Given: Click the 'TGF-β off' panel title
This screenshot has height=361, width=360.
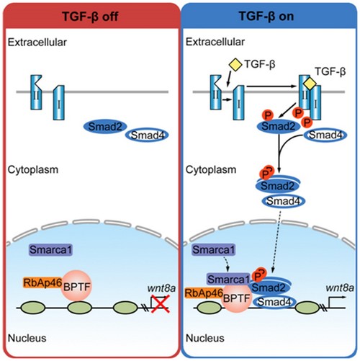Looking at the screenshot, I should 89,13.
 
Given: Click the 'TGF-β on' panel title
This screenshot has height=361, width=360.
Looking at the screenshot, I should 271,13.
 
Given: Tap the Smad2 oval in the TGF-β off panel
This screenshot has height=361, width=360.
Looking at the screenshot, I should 107,127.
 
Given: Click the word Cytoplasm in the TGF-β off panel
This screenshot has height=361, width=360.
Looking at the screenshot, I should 28,169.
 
